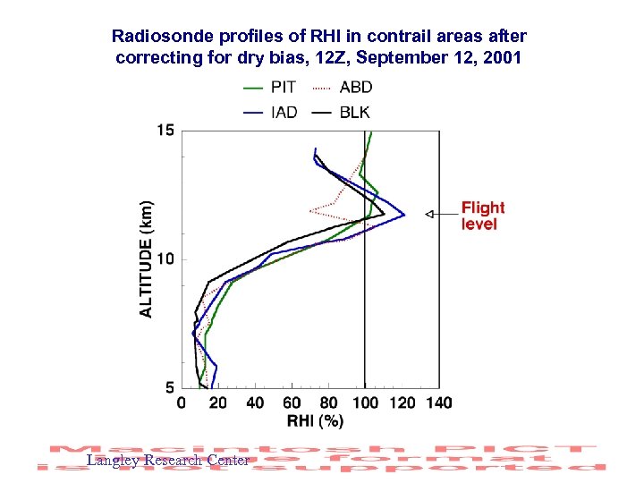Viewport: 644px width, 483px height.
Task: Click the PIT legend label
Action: point(284,88)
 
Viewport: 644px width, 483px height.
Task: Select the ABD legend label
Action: point(356,88)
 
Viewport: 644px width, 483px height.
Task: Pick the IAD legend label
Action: point(284,113)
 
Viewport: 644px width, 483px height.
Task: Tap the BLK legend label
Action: point(355,113)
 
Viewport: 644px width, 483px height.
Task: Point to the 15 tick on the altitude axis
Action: point(165,131)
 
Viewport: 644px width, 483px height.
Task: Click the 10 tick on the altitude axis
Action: point(165,259)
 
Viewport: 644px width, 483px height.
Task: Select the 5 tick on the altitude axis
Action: point(170,387)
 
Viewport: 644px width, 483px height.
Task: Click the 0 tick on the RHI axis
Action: point(182,403)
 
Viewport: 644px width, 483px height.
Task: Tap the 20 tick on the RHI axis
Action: point(218,403)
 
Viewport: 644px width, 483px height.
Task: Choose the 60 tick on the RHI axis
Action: point(292,403)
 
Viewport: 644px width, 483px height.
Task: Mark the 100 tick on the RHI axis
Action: point(365,403)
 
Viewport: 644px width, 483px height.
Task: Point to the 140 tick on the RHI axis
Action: point(438,403)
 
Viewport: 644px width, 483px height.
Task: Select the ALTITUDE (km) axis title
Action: point(146,258)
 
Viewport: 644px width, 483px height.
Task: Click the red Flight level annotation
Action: point(483,216)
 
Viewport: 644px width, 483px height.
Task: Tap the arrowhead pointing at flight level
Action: point(429,214)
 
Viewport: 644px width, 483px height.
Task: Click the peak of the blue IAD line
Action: point(404,215)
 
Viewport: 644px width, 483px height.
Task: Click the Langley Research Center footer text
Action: point(167,461)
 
